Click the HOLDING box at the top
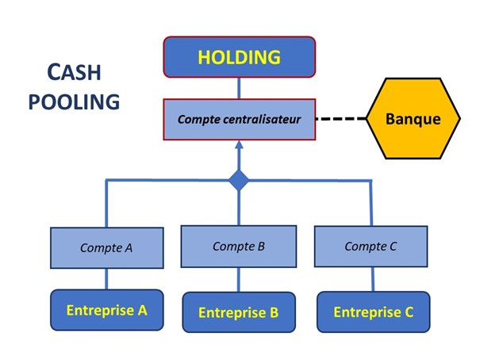point(240,57)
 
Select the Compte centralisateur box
point(240,119)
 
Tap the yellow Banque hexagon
point(412,119)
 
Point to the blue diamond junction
point(239,181)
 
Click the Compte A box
point(106,247)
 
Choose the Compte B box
point(239,247)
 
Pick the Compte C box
point(371,247)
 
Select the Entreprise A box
point(106,310)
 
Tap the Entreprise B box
point(239,312)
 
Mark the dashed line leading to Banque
point(341,119)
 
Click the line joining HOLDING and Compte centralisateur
point(239,87)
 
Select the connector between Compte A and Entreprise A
point(106,278)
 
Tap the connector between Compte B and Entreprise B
point(239,280)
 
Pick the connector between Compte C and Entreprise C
point(371,279)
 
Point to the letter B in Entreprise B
point(274,312)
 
